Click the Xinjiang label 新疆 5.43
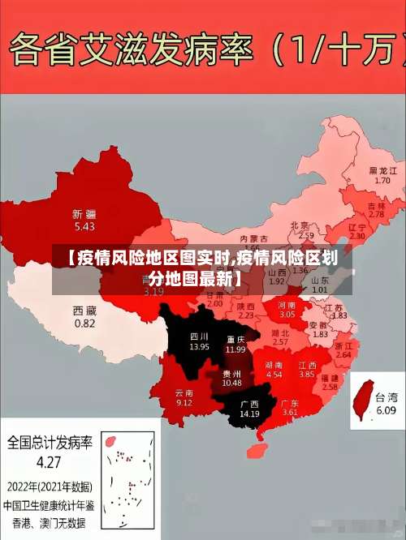tap(84, 220)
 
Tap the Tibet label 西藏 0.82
tap(84, 316)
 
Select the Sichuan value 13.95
tap(199, 346)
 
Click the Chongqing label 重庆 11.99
tap(235, 344)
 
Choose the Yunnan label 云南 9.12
tap(184, 397)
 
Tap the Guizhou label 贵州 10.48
tap(231, 377)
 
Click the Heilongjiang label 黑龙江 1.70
tap(382, 175)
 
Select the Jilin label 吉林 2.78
tap(376, 210)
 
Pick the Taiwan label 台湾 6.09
tap(391, 404)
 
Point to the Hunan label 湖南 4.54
tap(274, 370)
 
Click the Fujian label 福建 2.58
tap(330, 383)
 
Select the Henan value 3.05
tap(287, 314)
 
